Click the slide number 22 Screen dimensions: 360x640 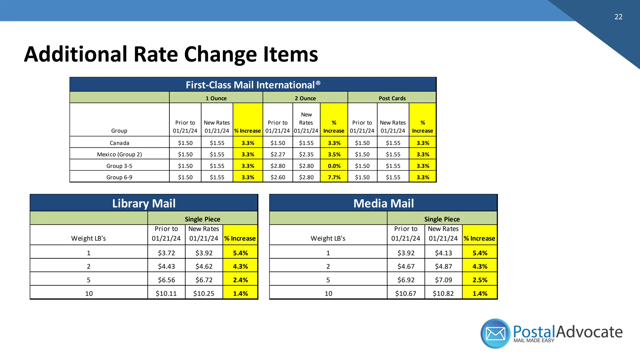(618, 17)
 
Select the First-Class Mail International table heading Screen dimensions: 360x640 (253, 85)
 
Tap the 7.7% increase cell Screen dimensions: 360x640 (334, 177)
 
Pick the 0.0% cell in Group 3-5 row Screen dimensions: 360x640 (334, 166)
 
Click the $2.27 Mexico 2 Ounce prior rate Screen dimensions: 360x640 (278, 154)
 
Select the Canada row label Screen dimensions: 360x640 (119, 143)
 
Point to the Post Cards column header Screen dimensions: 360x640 (392, 98)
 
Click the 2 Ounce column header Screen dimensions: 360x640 (305, 98)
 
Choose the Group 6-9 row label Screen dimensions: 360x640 (119, 177)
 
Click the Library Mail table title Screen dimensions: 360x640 (144, 203)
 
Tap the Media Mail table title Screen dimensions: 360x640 (383, 203)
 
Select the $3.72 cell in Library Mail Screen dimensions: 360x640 (166, 253)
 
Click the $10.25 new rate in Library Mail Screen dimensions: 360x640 (204, 293)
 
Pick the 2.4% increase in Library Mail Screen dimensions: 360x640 (240, 280)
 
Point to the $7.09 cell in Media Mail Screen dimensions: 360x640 (443, 280)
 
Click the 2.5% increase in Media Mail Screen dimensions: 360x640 (480, 280)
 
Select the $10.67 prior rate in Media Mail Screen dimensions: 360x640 (406, 293)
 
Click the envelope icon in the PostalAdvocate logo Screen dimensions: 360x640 (496, 334)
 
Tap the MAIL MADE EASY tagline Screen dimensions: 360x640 (534, 341)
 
